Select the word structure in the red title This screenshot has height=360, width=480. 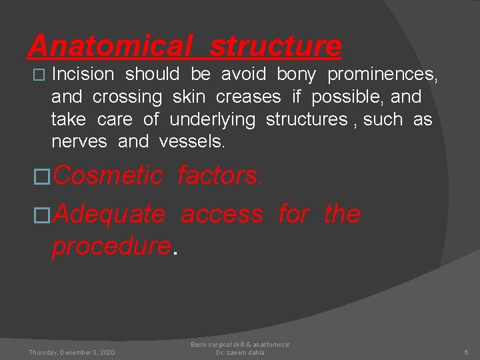pos(275,46)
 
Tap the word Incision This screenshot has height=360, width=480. pos(83,74)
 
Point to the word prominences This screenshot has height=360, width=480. pos(382,74)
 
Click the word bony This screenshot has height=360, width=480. pos(296,74)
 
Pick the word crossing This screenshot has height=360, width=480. pos(127,97)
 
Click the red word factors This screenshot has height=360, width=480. pos(220,175)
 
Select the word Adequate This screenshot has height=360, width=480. pos(109,214)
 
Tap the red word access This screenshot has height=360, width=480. pos(222,214)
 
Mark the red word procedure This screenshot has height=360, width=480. pos(111,246)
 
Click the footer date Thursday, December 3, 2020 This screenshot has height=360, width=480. pos(71,352)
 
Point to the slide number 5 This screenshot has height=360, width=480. pos(467,352)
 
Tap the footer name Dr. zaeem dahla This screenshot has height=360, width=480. pos(240,353)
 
